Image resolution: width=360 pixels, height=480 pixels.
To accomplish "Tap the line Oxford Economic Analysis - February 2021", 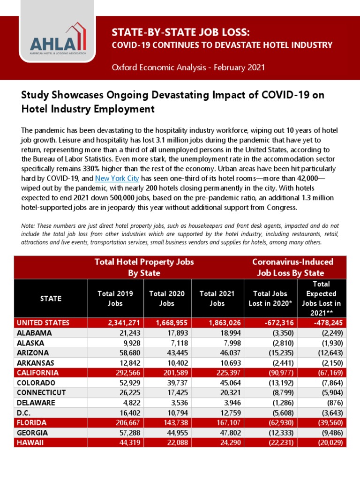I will (188, 67).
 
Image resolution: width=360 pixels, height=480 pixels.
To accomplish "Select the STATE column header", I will (51, 299).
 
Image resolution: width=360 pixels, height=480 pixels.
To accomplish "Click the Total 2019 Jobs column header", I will (115, 299).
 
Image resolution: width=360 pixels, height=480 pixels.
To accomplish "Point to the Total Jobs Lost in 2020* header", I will (270, 299).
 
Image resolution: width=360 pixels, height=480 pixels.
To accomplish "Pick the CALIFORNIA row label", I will (38, 373).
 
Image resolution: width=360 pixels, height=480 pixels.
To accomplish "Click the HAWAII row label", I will (30, 442).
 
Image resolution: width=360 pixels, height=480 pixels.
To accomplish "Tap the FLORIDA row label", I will (32, 422).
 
